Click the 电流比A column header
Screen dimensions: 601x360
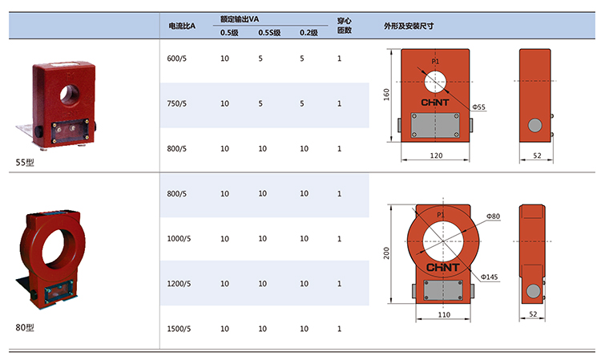[182, 26]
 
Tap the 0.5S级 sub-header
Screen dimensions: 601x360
[269, 33]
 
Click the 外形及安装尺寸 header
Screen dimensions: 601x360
[409, 26]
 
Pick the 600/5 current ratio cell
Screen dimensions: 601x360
[176, 59]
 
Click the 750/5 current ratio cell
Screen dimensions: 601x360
[176, 103]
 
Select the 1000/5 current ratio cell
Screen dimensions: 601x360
[178, 239]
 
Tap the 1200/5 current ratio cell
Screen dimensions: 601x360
[178, 284]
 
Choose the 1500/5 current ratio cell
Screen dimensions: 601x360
[178, 329]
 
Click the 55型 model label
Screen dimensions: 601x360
[26, 161]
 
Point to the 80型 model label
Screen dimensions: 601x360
[26, 327]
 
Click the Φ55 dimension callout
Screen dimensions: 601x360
[480, 107]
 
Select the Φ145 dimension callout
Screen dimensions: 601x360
[490, 277]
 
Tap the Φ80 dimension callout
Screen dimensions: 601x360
[492, 216]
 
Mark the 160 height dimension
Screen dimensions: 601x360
[387, 95]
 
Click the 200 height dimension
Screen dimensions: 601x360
[387, 253]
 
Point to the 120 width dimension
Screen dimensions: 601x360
[436, 154]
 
